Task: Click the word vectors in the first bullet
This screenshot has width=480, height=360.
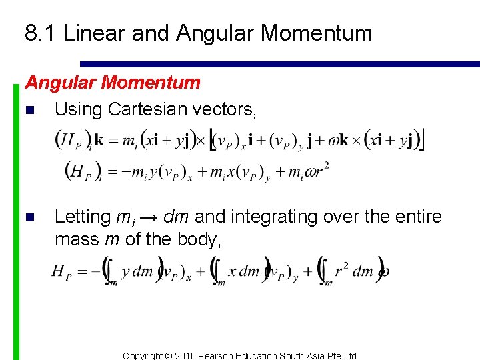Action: tap(225, 109)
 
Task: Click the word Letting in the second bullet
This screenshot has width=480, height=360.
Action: tap(82, 217)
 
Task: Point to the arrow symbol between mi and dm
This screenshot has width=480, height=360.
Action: tap(147, 217)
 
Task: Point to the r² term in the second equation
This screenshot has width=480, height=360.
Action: tap(323, 171)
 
